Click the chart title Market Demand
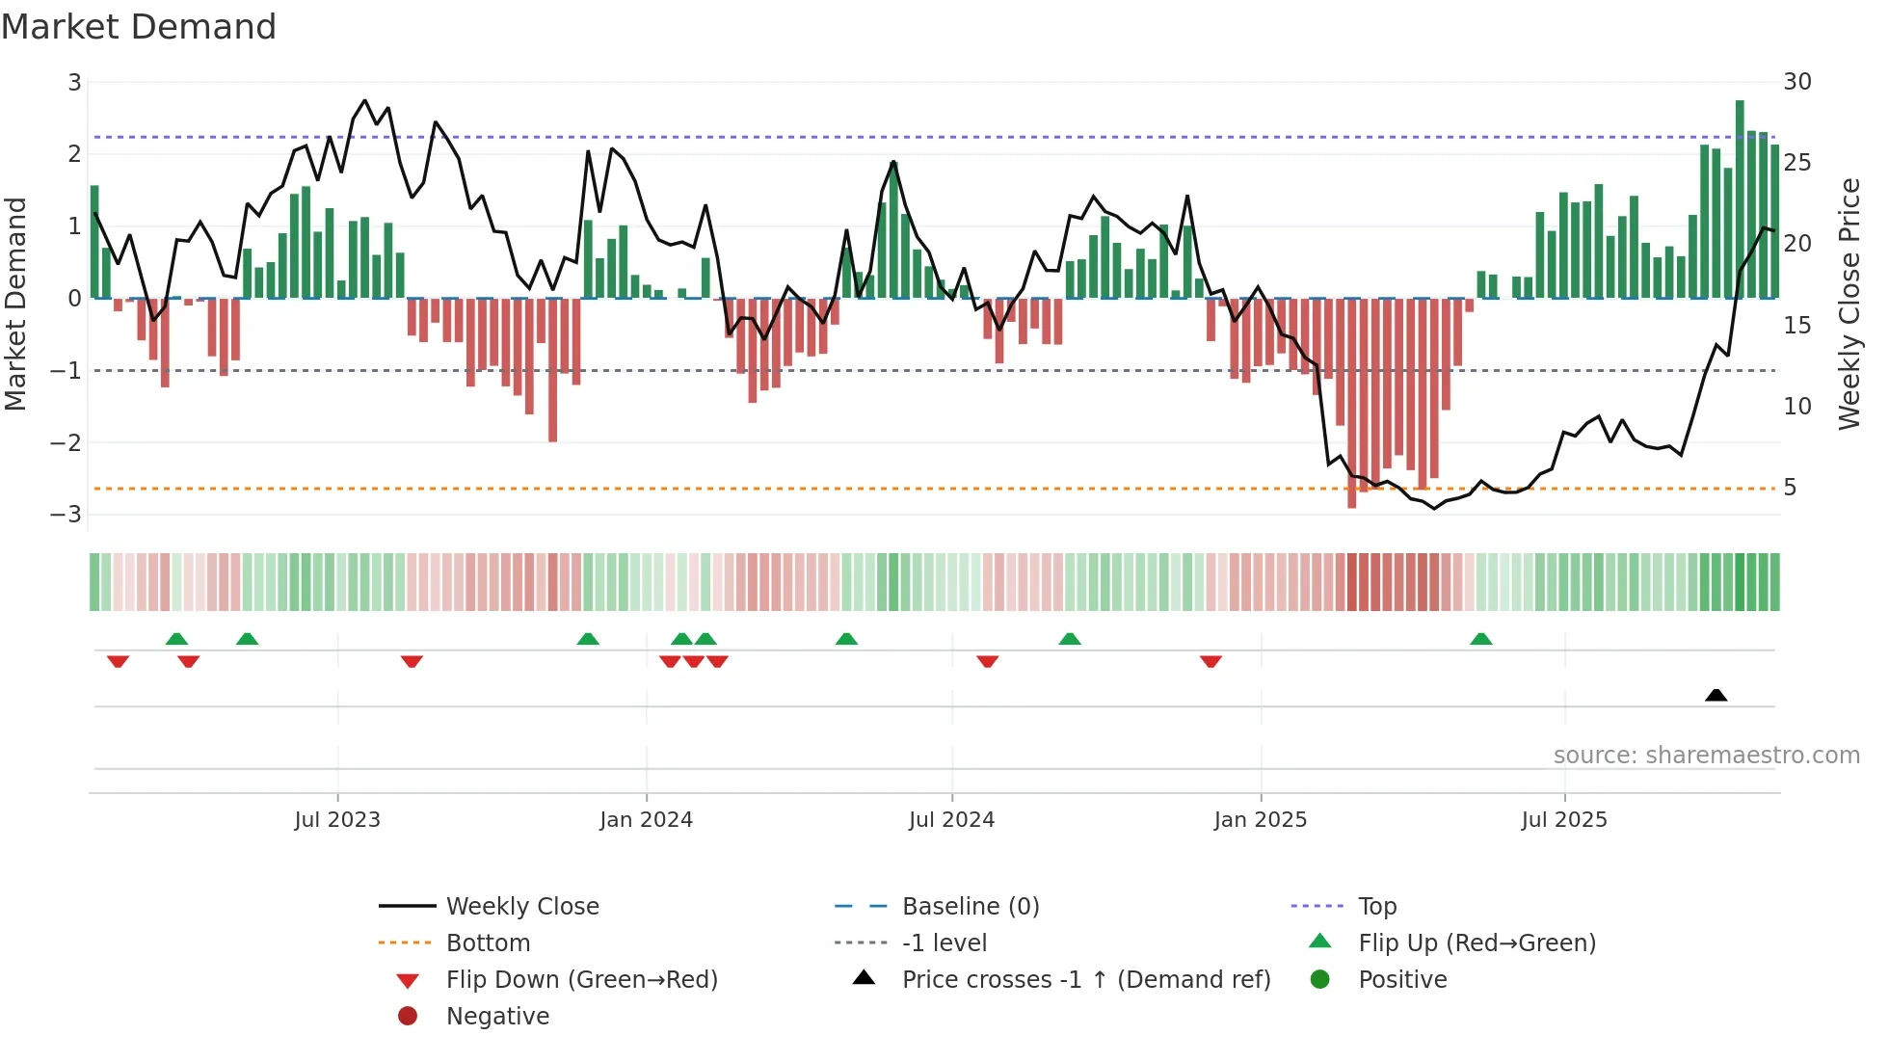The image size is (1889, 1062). tap(139, 27)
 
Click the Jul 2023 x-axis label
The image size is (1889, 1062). tap(337, 820)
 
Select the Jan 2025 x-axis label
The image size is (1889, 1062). tap(1260, 820)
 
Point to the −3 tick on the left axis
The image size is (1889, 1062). tap(67, 515)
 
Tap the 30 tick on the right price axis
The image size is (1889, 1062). tap(1796, 82)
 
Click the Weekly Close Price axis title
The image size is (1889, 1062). tap(1849, 304)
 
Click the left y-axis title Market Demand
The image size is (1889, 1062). tap(16, 304)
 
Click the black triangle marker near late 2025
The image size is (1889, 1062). tap(1716, 695)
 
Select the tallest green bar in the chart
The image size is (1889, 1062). tap(1740, 198)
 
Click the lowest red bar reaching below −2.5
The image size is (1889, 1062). tap(1351, 405)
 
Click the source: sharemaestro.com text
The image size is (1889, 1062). tap(1706, 756)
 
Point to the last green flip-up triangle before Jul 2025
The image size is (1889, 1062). tap(1481, 639)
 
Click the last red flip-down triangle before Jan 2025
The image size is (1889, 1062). tap(1211, 661)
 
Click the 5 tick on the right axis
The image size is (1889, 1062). tap(1790, 488)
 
